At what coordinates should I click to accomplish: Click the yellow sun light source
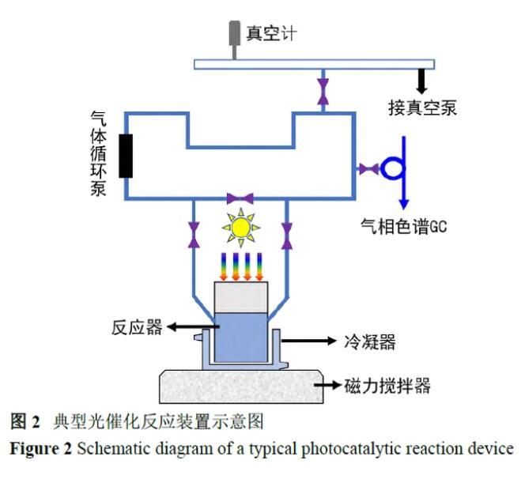pos(241,227)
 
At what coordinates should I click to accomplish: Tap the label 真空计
pos(271,34)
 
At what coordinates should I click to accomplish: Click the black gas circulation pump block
pos(125,156)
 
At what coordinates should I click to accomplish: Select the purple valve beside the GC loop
pos(368,168)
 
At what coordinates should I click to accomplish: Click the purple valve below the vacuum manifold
pos(321,89)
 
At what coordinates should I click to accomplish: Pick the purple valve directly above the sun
pos(239,198)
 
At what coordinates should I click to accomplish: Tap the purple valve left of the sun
pos(193,233)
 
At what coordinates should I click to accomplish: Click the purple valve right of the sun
pos(288,233)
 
